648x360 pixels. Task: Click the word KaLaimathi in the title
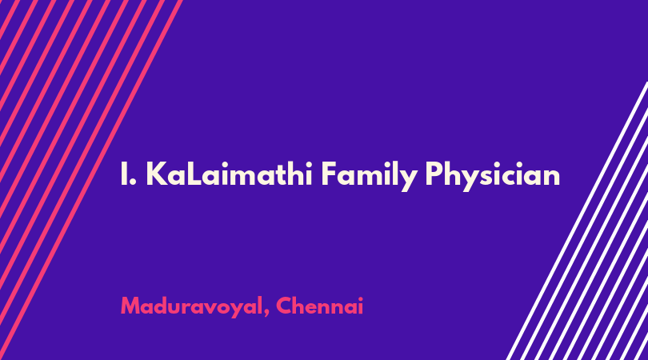coord(229,174)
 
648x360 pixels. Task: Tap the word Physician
coord(493,177)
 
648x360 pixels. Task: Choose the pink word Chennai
coord(319,306)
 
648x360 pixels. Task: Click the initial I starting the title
coord(123,174)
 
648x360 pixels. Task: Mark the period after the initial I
coord(134,182)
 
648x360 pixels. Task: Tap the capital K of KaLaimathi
coord(157,174)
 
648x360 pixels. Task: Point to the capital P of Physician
coord(434,174)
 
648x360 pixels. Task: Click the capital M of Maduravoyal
coord(130,306)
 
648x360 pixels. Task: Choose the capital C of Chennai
coord(284,306)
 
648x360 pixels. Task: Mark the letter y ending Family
coord(409,180)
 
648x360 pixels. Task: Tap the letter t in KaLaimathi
coord(273,174)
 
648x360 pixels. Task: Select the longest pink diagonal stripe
coord(90,180)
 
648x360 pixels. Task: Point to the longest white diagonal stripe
coord(577,221)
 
